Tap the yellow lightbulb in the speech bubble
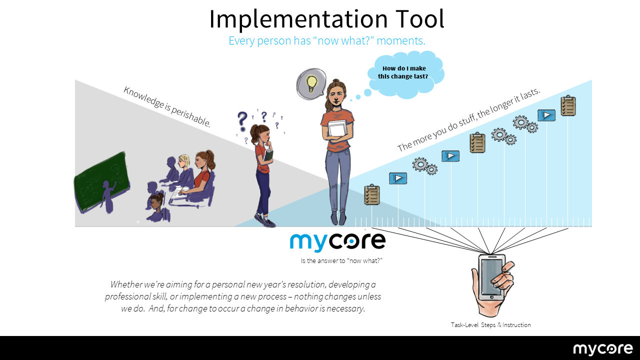click(311, 83)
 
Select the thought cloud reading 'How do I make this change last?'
click(405, 74)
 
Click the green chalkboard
click(101, 181)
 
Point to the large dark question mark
click(242, 121)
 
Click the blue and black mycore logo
click(337, 242)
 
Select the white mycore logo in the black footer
click(603, 349)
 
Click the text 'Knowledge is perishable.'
click(167, 106)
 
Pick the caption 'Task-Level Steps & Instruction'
click(490, 325)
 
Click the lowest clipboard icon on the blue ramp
click(371, 194)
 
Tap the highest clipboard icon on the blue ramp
click(568, 105)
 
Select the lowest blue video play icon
click(398, 178)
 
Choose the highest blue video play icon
click(546, 115)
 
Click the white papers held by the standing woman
click(337, 129)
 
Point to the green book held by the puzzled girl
click(268, 155)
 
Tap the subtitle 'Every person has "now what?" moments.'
click(327, 40)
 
